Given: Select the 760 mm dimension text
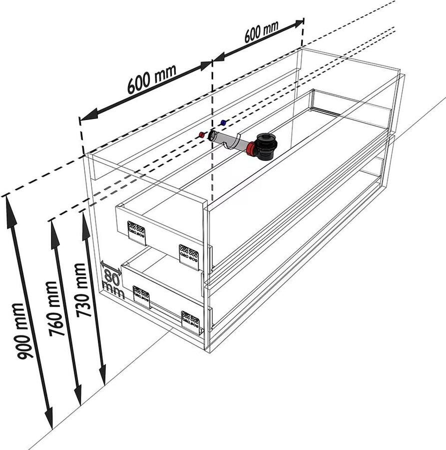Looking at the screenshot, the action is coord(55,308).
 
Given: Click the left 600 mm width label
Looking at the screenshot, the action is coord(152,79).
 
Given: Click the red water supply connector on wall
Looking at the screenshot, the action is coord(202,134).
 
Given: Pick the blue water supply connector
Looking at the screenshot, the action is coord(223,123).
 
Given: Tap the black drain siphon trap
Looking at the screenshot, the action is coord(267,146).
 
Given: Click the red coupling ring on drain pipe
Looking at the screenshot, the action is coord(251,149).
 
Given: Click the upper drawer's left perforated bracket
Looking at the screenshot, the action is coord(136,233).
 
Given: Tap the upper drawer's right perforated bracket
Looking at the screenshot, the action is coord(189,257).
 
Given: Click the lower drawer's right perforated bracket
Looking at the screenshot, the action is coord(191,322).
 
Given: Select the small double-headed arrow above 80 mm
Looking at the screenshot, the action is coord(111,267).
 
